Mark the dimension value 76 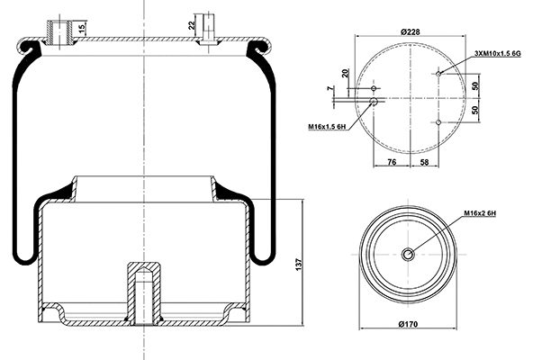(x=391, y=162)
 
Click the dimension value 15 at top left (x=82, y=28)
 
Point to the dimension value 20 (x=346, y=73)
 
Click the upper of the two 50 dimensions (x=475, y=85)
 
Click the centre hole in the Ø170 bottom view (x=408, y=255)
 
